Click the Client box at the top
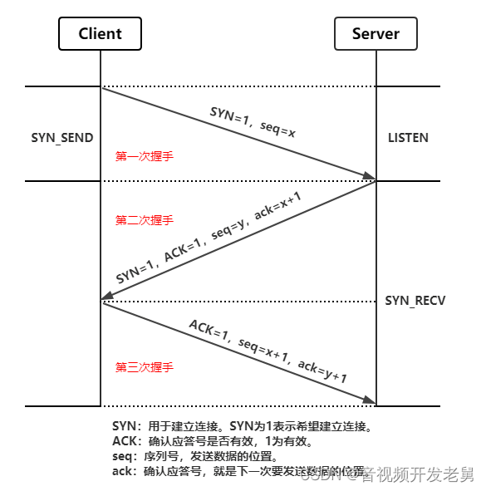coord(100,34)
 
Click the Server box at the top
coord(376,34)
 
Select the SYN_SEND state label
coord(62,137)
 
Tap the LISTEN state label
coord(408,137)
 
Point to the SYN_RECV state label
coord(415,300)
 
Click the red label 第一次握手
coord(144,155)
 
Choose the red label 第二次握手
coord(144,220)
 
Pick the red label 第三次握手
coord(144,366)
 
